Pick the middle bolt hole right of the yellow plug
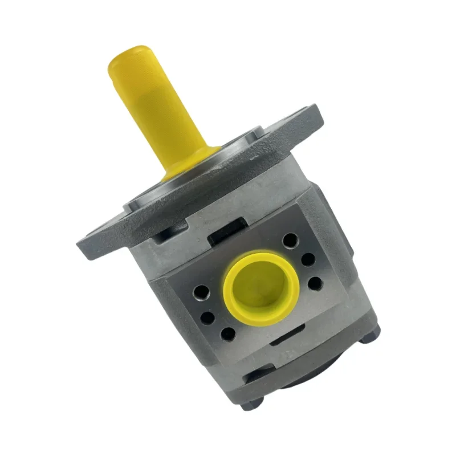[x=308, y=259]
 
